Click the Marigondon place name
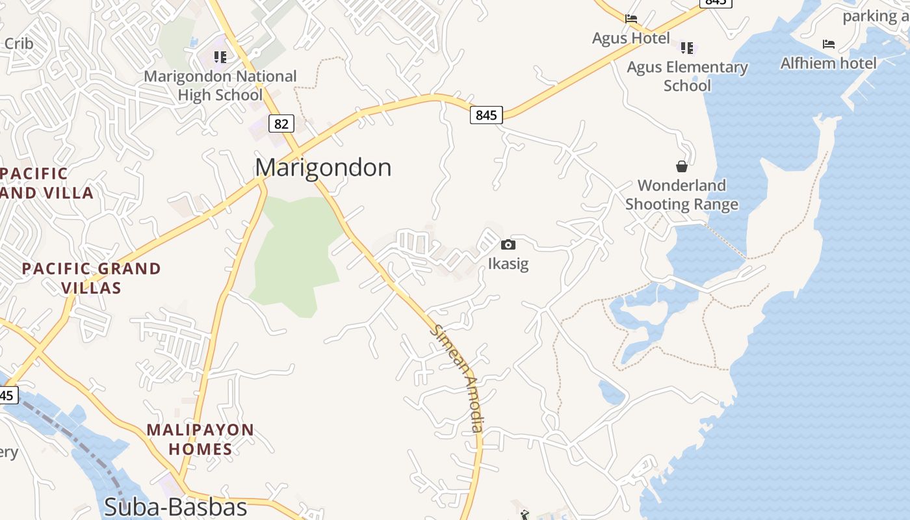pos(323,168)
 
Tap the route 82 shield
pos(281,123)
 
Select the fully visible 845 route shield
pos(486,115)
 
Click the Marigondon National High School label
pos(220,85)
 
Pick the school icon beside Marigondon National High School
pos(220,57)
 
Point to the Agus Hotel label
pos(630,38)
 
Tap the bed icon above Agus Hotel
pos(630,19)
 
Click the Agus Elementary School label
pos(687,76)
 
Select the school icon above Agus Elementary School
pos(687,47)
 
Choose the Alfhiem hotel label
pos(828,63)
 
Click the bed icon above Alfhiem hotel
pos(828,44)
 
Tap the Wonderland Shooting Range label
pos(681,194)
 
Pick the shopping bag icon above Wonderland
pos(681,166)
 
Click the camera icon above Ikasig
pos(508,244)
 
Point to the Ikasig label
pos(508,263)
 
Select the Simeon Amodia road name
pos(458,378)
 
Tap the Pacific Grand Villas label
pos(91,278)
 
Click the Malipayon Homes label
pos(200,439)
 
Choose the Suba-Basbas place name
pos(175,507)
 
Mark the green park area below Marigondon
pos(296,253)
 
